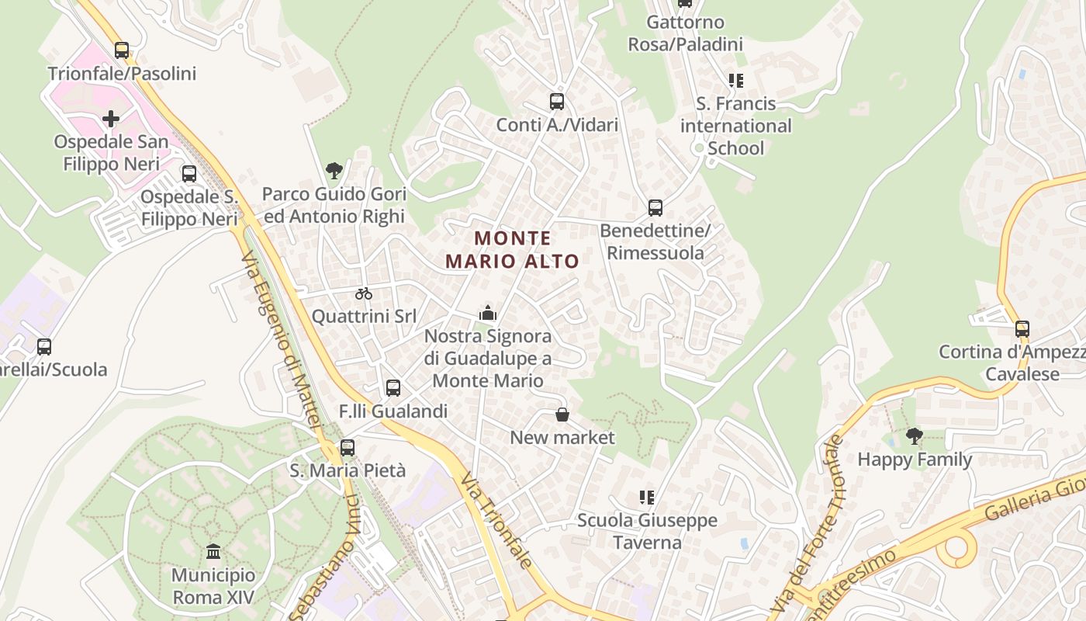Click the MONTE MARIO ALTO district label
(x=513, y=249)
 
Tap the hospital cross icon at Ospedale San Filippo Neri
(x=111, y=119)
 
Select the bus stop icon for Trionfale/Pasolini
(x=122, y=50)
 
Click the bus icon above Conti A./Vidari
(x=557, y=101)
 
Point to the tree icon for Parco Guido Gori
(x=334, y=170)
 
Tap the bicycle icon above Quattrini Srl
(x=364, y=293)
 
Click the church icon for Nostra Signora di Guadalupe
(x=488, y=313)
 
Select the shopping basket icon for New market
(x=562, y=415)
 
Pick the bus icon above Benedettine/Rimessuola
(x=655, y=208)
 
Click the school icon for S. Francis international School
(x=735, y=81)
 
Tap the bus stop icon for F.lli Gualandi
(x=393, y=388)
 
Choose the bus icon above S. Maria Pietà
(x=348, y=448)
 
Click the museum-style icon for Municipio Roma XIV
(x=213, y=551)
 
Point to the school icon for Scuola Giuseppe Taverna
(x=647, y=497)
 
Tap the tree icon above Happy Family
(x=915, y=435)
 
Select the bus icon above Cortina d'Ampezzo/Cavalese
(x=1022, y=329)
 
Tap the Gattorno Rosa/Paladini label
(x=686, y=33)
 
